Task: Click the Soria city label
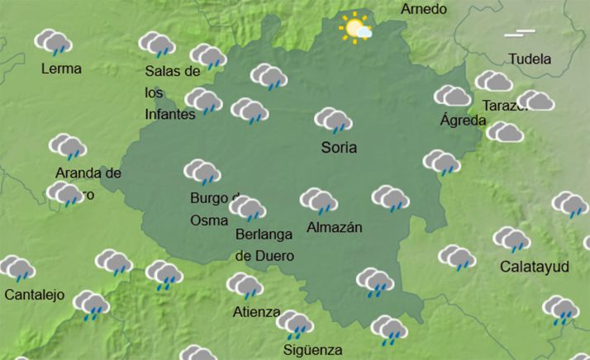339,149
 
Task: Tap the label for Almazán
335,227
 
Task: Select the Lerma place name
61,69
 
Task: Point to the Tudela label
530,59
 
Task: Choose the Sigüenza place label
312,348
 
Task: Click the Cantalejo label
35,295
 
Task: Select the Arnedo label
424,9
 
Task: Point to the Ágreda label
463,121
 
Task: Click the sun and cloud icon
356,30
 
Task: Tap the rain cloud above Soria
334,121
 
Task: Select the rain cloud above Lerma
54,42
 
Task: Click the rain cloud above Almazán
318,201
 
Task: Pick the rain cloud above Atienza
245,287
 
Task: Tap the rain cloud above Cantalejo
17,268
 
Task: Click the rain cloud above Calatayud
511,240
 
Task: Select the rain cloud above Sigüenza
294,324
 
